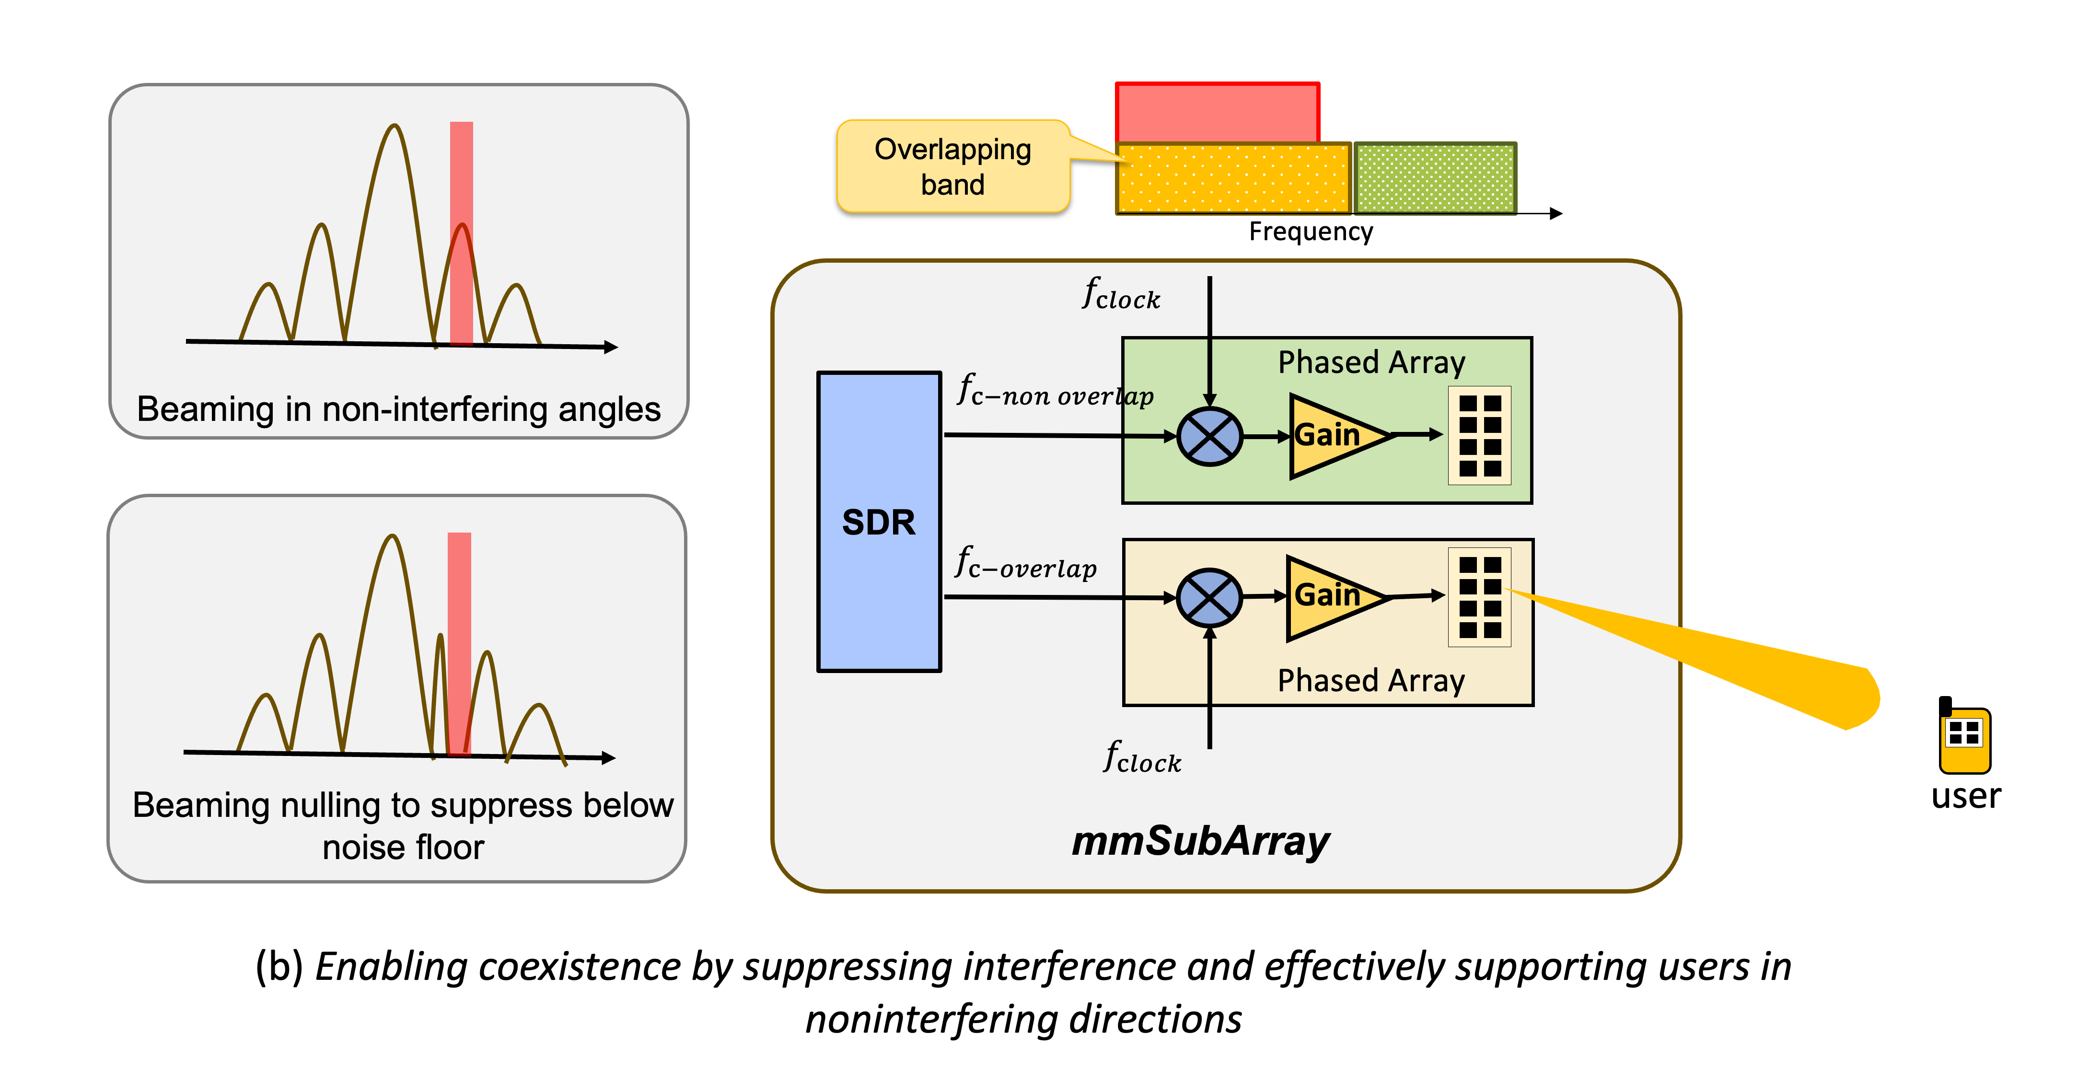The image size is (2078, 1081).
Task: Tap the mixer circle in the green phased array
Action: pyautogui.click(x=1209, y=436)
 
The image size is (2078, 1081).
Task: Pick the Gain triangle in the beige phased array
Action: pyautogui.click(x=1331, y=597)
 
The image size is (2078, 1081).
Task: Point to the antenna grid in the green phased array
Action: pyautogui.click(x=1479, y=436)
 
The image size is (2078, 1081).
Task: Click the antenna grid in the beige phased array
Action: pyautogui.click(x=1479, y=597)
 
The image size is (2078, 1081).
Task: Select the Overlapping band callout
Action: pyautogui.click(x=952, y=167)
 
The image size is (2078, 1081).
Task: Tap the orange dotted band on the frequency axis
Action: pyautogui.click(x=1232, y=178)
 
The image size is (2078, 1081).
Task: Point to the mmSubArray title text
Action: pyautogui.click(x=1200, y=841)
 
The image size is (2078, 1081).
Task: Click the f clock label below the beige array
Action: pyautogui.click(x=1141, y=758)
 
